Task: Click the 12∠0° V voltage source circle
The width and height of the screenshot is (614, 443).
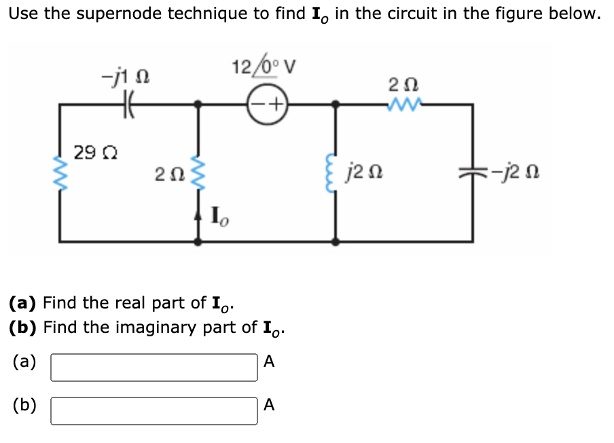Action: [266, 105]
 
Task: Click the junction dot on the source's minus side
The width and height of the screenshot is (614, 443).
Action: [198, 105]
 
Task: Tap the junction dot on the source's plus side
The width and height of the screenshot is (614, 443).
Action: [335, 105]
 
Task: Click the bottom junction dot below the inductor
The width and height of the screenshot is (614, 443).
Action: [335, 241]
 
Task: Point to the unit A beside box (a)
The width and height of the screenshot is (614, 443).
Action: [269, 362]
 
